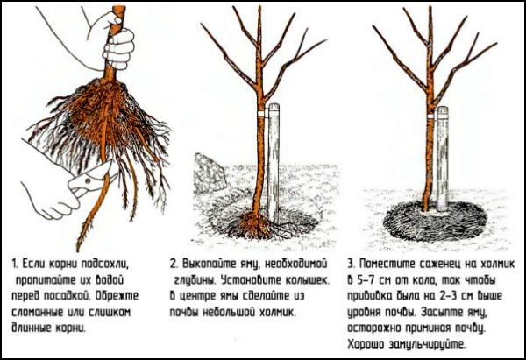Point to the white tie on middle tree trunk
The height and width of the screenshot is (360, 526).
click(x=260, y=113)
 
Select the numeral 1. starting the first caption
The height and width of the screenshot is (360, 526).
click(x=15, y=264)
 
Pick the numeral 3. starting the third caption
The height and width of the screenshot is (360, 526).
click(x=352, y=264)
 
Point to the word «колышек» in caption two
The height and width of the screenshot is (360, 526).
click(x=307, y=280)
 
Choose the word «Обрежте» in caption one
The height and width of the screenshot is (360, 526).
click(x=117, y=296)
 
